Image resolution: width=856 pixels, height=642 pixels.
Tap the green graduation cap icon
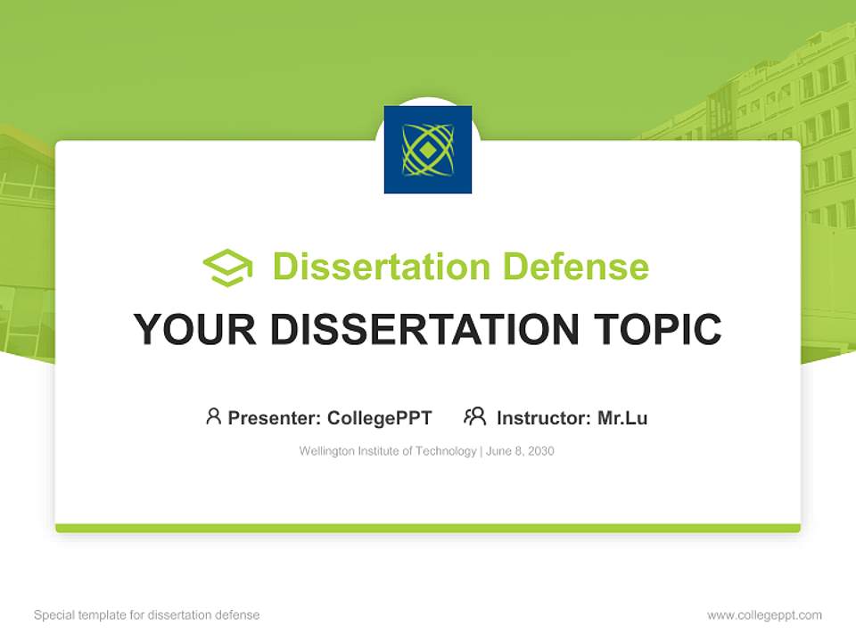coord(227,267)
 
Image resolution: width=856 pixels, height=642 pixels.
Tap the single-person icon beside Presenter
coord(213,416)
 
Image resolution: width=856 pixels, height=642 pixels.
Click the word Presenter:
coord(274,418)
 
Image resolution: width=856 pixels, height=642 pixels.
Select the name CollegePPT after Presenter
coord(380,418)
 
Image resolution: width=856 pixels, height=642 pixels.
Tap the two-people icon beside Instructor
coord(475,416)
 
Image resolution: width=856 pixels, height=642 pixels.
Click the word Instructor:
coord(543,418)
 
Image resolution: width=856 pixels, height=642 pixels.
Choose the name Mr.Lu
coord(622,418)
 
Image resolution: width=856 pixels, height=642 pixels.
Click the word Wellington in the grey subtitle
coord(325,451)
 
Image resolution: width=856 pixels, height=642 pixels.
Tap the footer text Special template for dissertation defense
coord(147,615)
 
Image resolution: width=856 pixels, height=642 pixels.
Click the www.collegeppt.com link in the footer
coord(764,615)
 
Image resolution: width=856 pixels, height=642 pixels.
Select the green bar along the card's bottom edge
coord(428,528)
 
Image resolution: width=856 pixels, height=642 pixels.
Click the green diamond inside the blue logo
coord(428,150)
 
